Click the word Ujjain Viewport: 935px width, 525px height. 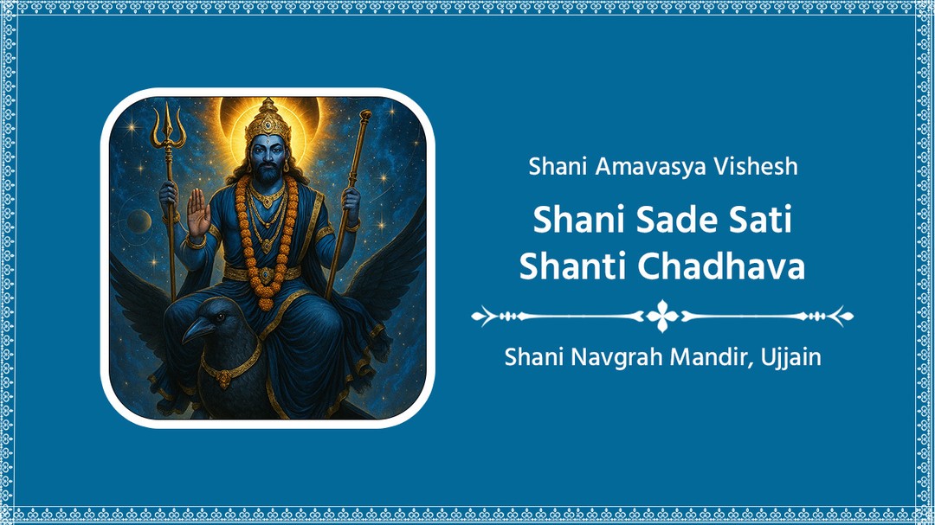point(790,355)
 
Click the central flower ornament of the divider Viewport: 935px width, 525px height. point(662,316)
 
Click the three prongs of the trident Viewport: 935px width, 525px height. point(168,125)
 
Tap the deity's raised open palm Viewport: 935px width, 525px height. point(198,212)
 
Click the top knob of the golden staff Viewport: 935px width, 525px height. point(364,117)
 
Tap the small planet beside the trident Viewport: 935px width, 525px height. point(139,222)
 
